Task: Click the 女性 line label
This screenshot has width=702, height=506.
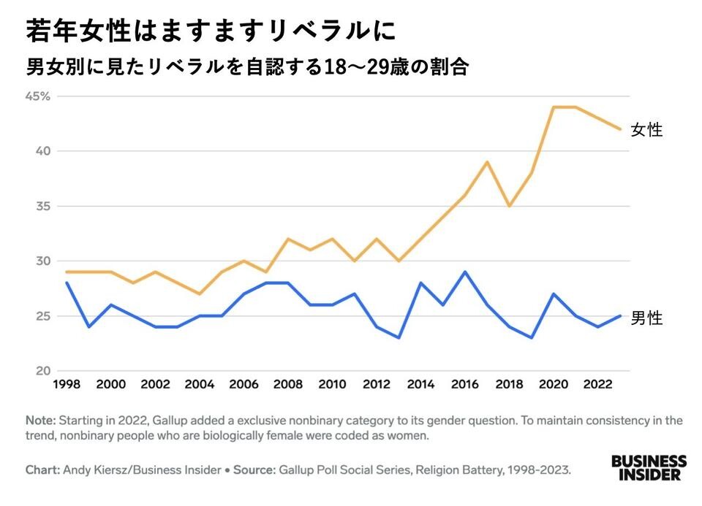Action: (646, 131)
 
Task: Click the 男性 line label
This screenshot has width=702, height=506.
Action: (646, 318)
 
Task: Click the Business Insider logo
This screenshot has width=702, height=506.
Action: (648, 468)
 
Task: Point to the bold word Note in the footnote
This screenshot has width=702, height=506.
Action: (40, 421)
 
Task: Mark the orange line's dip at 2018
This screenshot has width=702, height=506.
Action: (510, 207)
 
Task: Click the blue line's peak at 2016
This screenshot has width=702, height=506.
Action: (465, 272)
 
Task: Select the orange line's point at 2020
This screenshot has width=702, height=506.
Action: (554, 107)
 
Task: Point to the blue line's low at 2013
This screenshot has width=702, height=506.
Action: (399, 338)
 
